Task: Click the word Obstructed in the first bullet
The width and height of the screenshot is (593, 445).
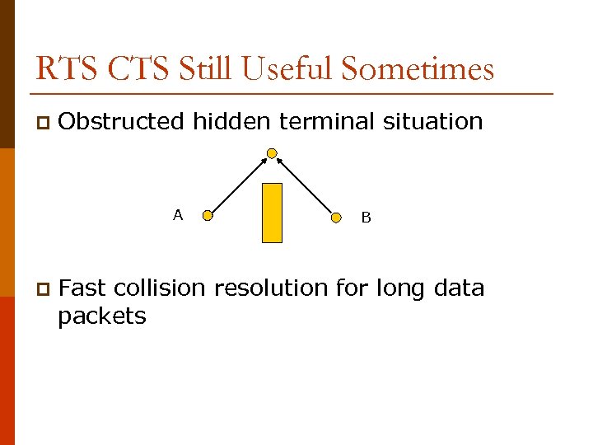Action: pyautogui.click(x=122, y=122)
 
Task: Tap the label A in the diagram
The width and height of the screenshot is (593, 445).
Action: pyautogui.click(x=177, y=215)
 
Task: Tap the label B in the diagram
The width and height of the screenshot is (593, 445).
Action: pyautogui.click(x=366, y=218)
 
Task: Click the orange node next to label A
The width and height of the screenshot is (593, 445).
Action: pyautogui.click(x=208, y=217)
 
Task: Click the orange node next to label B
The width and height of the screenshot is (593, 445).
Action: pyautogui.click(x=336, y=218)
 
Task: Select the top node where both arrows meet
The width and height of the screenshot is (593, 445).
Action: pyautogui.click(x=272, y=152)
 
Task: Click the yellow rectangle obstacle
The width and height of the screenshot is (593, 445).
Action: pyautogui.click(x=272, y=213)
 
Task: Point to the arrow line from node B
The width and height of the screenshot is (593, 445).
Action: pyautogui.click(x=304, y=185)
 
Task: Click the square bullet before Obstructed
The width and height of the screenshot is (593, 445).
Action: pyautogui.click(x=42, y=123)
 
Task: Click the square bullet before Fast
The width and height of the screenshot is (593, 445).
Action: pyautogui.click(x=42, y=289)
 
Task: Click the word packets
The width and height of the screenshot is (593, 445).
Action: pyautogui.click(x=101, y=316)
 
